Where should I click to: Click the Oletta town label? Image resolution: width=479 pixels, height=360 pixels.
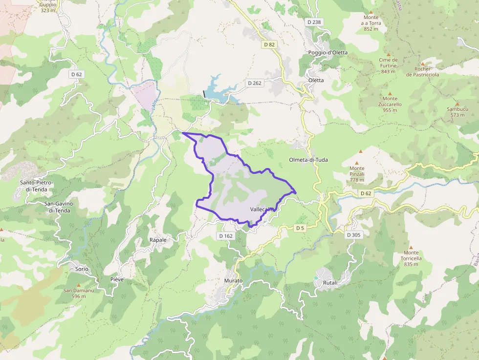point(316,80)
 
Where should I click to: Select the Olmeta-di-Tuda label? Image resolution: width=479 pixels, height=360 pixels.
point(308,160)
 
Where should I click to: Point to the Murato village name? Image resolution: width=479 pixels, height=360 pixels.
point(233,281)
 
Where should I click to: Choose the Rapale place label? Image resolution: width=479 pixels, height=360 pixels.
point(158,240)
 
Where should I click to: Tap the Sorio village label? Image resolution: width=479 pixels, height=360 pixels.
point(82,269)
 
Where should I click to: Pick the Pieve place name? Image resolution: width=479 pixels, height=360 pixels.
point(117,279)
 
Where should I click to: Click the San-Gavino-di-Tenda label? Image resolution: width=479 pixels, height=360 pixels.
point(57,207)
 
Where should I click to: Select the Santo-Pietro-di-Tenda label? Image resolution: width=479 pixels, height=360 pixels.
point(37,186)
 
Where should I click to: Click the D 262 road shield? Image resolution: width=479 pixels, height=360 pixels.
point(254,83)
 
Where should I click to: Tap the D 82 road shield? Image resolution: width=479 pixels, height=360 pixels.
point(269,44)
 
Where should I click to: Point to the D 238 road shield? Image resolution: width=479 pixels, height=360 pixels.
point(314,22)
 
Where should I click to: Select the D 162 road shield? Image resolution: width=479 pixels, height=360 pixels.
point(226,236)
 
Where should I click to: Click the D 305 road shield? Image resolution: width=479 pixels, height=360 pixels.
point(353,235)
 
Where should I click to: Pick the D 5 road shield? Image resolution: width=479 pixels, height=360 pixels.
point(300,228)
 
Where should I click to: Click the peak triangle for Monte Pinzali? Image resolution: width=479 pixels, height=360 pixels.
point(356,163)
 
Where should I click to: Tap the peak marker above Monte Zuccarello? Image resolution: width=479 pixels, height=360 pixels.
point(390,93)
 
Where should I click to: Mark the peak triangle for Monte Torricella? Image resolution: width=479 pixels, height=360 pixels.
point(411,247)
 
